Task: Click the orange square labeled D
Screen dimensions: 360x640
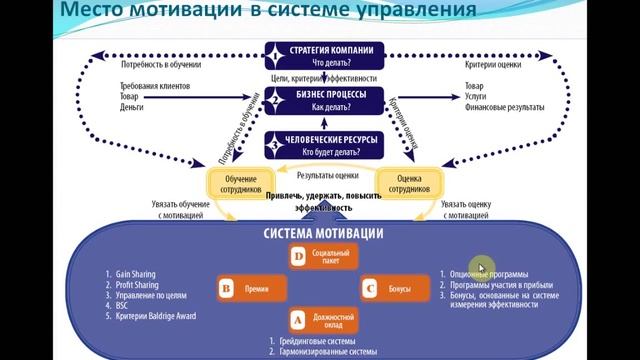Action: tap(297, 257)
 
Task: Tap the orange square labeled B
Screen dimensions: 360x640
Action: tap(225, 289)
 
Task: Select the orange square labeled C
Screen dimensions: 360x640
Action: tap(369, 289)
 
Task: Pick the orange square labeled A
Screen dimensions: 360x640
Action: tap(297, 320)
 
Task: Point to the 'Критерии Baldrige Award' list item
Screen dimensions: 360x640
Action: tap(154, 317)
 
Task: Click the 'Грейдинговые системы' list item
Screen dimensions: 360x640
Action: tap(315, 342)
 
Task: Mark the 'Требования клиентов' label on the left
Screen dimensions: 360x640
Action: tap(146, 88)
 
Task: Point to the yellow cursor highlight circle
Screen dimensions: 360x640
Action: tap(482, 267)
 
